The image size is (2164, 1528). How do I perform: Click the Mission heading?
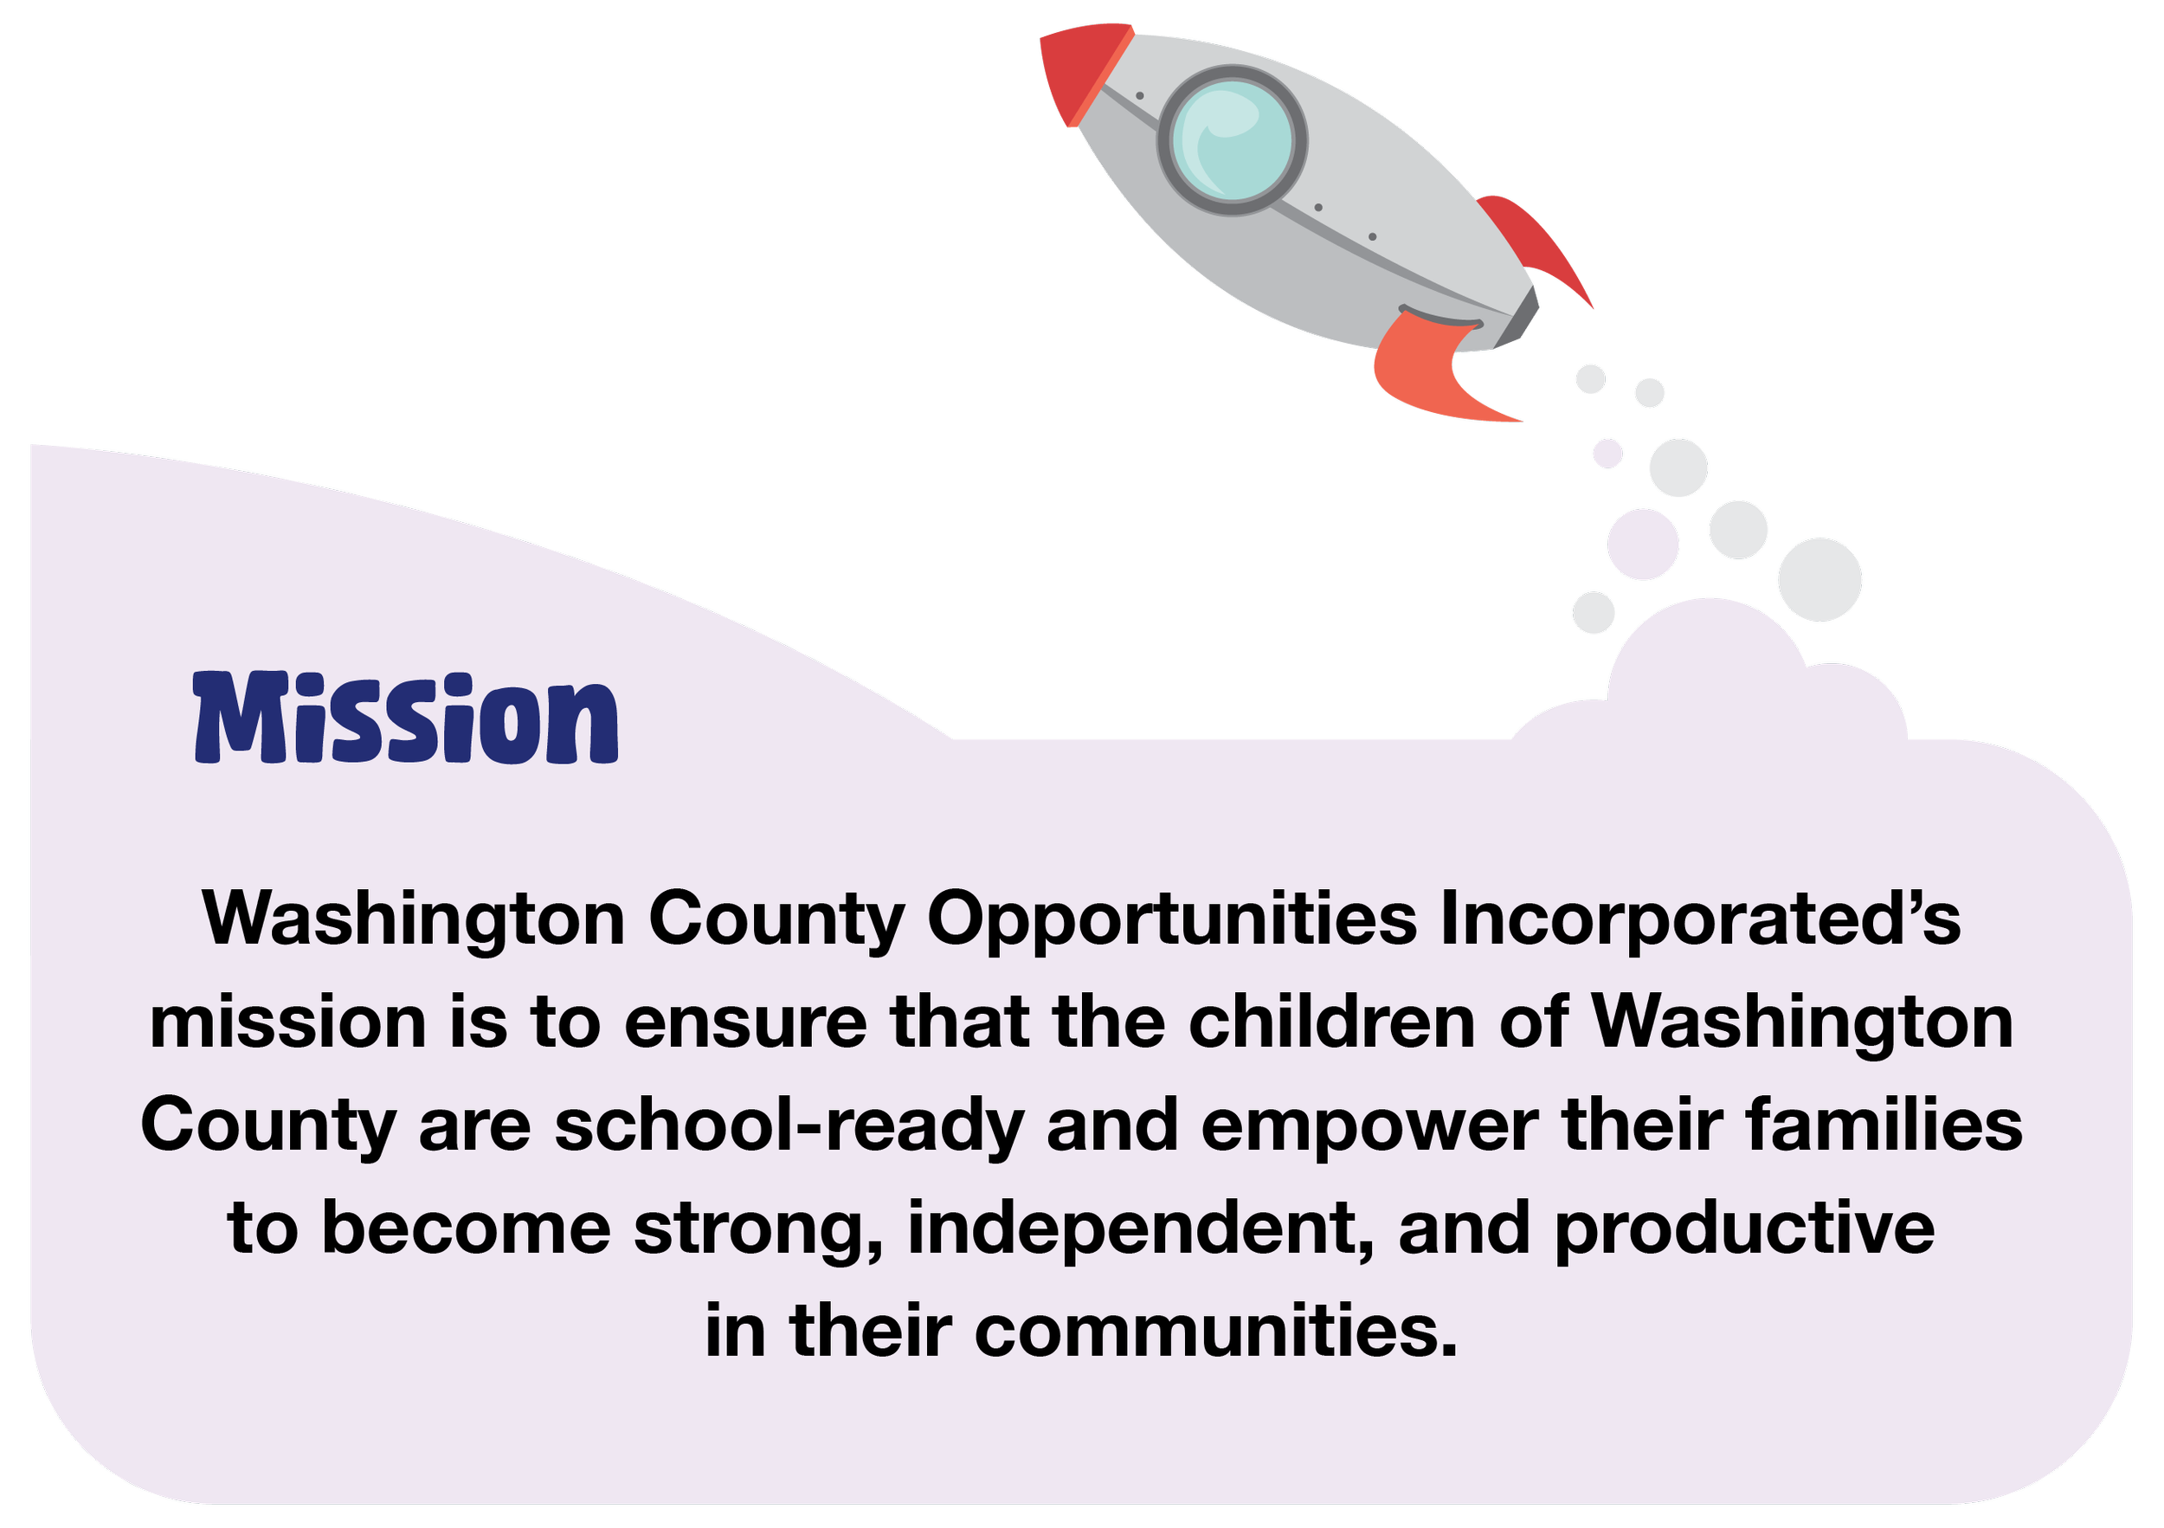pos(405,719)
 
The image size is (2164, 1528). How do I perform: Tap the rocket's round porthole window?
pos(1233,139)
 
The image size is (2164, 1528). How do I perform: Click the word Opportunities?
pos(1171,919)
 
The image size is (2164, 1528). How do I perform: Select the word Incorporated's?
pos(1701,919)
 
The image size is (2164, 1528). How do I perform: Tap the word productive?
pos(1744,1230)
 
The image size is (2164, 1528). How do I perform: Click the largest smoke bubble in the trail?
pos(1819,580)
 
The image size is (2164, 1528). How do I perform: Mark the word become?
pos(466,1230)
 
